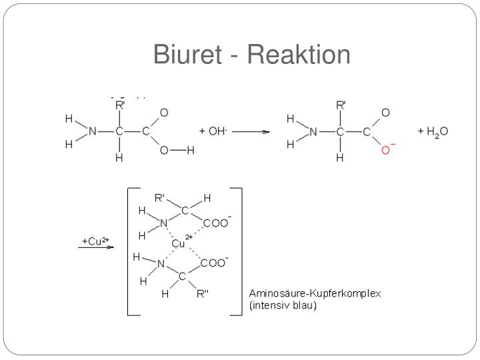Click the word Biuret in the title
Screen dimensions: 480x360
(x=187, y=54)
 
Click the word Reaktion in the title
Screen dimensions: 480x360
(x=299, y=54)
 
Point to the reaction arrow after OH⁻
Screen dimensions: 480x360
(x=251, y=131)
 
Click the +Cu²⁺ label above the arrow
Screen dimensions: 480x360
(x=95, y=241)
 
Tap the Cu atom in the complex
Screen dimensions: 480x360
(x=178, y=244)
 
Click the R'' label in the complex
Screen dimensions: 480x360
(x=203, y=294)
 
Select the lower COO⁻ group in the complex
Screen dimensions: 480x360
(x=214, y=263)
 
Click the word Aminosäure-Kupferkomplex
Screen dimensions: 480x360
(x=315, y=293)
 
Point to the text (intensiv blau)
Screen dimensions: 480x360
(x=283, y=305)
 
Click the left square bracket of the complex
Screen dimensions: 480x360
(x=128, y=251)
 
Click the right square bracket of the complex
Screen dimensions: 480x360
(x=241, y=251)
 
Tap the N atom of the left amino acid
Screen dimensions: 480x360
(x=93, y=131)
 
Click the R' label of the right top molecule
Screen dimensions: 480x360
(x=341, y=105)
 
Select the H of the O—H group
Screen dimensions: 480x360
(x=191, y=150)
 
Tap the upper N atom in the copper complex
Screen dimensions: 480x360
(x=164, y=223)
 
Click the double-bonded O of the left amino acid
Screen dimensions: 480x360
(x=164, y=113)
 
